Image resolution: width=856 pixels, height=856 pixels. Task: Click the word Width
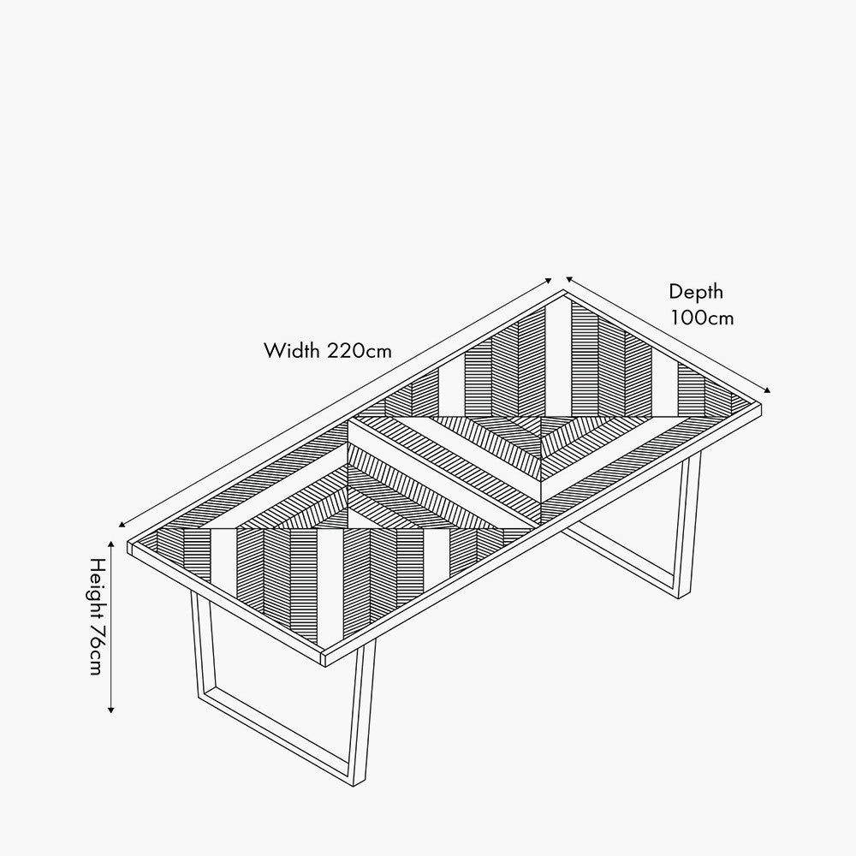(292, 350)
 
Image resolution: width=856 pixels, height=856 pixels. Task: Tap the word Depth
(696, 292)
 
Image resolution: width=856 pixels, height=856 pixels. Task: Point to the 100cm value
(702, 318)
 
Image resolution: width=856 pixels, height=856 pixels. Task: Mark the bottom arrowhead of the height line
(111, 711)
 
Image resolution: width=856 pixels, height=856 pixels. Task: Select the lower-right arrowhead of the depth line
(769, 390)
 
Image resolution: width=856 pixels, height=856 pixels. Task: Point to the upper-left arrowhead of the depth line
(568, 278)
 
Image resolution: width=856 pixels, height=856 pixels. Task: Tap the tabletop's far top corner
(565, 292)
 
